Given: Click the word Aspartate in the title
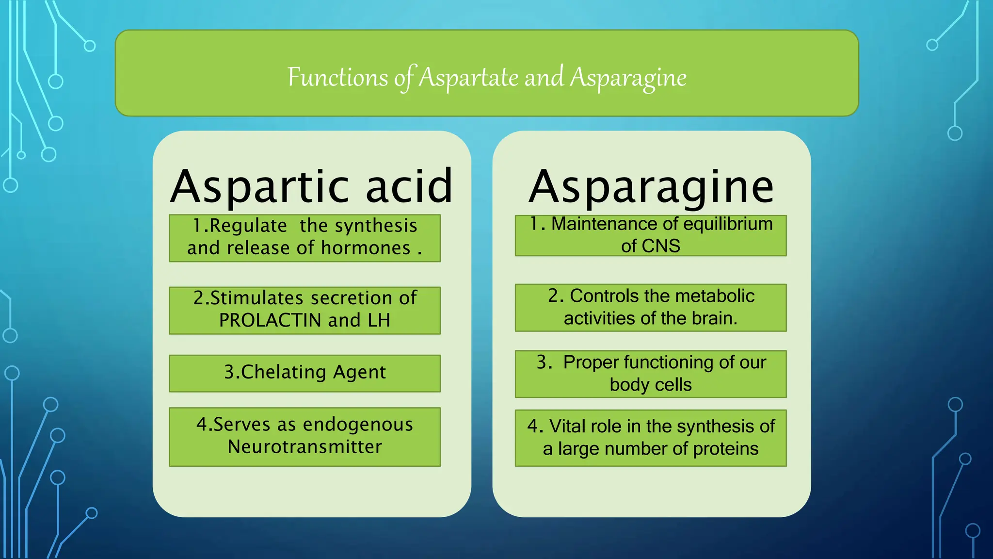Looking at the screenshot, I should point(468,78).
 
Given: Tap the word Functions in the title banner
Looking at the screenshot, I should point(337,78).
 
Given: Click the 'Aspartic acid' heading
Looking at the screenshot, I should point(312,186).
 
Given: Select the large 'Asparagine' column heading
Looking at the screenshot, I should point(651,186).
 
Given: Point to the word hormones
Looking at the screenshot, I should point(366,248).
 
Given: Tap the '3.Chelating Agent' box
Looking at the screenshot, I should point(304,373).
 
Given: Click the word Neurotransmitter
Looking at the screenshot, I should point(305,447).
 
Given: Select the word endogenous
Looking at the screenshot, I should point(358,425).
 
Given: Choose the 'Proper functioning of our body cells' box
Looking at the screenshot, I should point(651,374).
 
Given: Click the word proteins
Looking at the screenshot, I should point(725,449).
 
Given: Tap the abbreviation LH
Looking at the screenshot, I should point(379,320).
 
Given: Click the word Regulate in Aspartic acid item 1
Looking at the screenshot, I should point(247,226).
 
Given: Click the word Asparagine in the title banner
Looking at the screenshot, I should point(628,78).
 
